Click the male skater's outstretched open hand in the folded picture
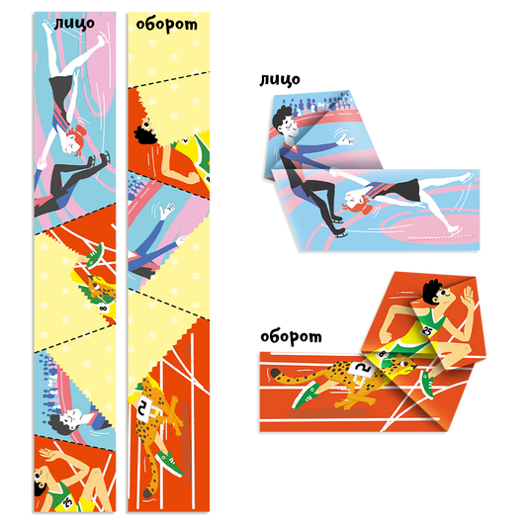[x=345, y=141]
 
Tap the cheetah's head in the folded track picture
[x=401, y=369]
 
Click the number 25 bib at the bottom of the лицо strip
[x=67, y=502]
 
